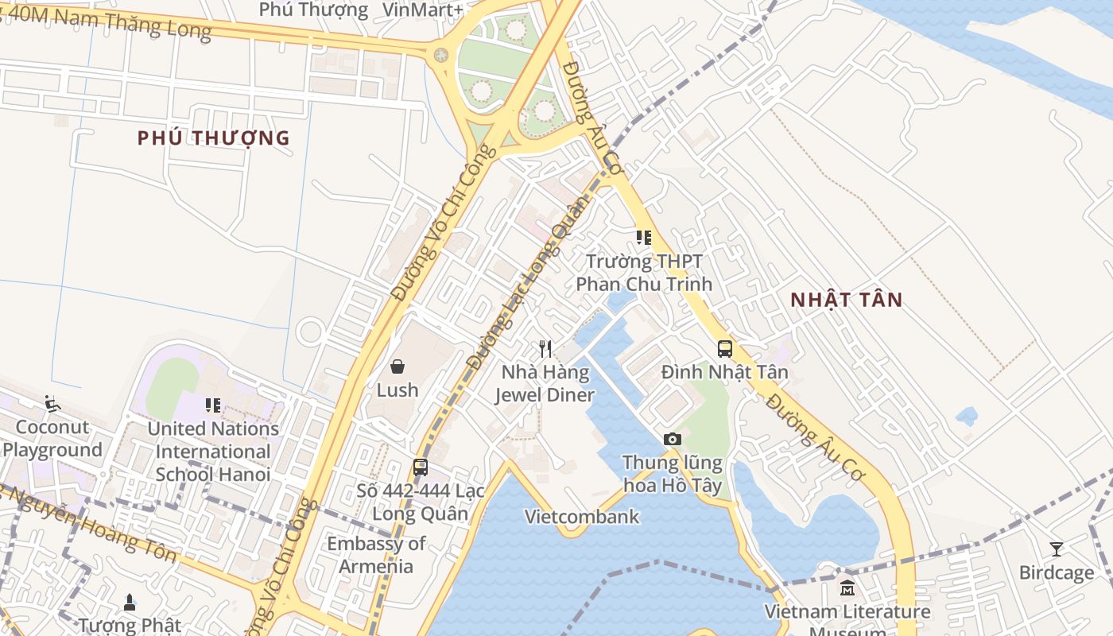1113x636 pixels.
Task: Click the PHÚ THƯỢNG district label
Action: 213,138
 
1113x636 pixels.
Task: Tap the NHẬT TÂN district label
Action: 847,300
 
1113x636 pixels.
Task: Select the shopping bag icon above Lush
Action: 397,366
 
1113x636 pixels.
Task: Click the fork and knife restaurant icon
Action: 545,348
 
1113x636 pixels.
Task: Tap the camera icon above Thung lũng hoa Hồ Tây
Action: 673,439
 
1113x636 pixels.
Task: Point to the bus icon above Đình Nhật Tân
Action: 725,348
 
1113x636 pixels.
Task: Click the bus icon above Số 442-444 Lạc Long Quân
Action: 421,467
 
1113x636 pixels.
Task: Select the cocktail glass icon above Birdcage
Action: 1057,549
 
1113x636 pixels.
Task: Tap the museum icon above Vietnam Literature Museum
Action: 847,589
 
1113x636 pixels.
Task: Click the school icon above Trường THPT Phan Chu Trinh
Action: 644,237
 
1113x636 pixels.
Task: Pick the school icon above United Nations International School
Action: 213,405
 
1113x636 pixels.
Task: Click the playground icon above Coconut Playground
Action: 52,404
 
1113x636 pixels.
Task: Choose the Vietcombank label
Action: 582,517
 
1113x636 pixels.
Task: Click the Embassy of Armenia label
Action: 376,555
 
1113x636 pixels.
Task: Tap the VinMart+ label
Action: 423,10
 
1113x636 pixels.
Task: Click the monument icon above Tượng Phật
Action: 130,601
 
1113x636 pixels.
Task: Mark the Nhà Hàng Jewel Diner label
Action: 545,383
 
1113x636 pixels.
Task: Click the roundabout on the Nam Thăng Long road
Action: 440,55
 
